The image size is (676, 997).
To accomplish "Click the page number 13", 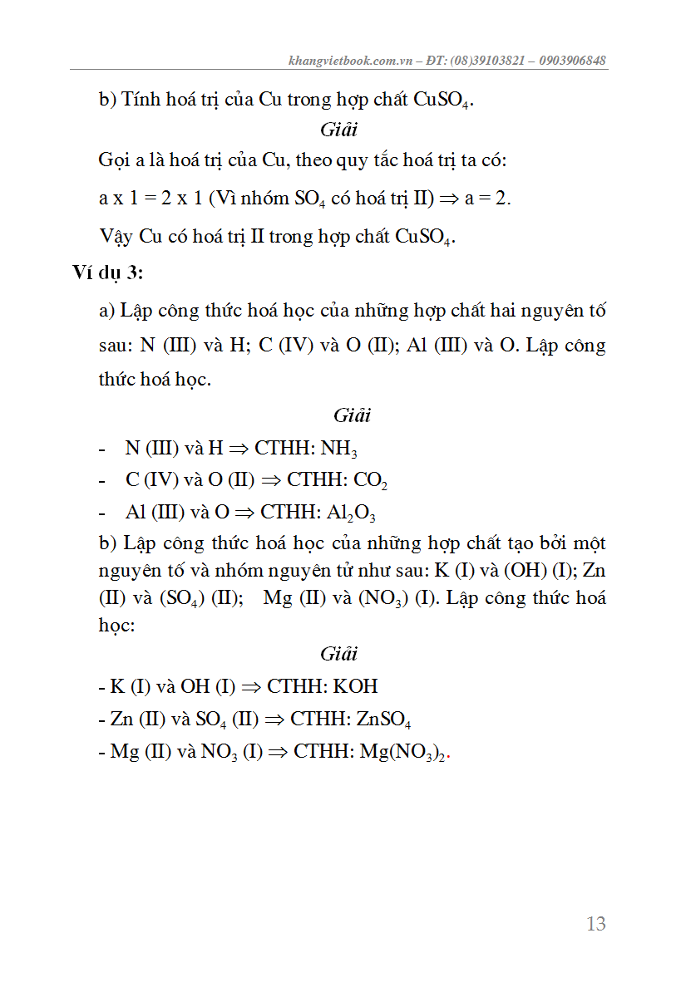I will [595, 924].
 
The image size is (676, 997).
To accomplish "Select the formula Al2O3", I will [351, 513].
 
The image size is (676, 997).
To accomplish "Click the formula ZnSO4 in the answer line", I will [383, 720].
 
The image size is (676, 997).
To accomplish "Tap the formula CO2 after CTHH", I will [370, 481].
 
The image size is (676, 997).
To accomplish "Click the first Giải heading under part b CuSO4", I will [338, 130].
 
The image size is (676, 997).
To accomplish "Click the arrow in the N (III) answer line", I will [239, 449].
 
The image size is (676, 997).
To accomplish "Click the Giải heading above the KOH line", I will [338, 654].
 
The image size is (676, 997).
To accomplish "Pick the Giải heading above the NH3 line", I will [352, 415].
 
